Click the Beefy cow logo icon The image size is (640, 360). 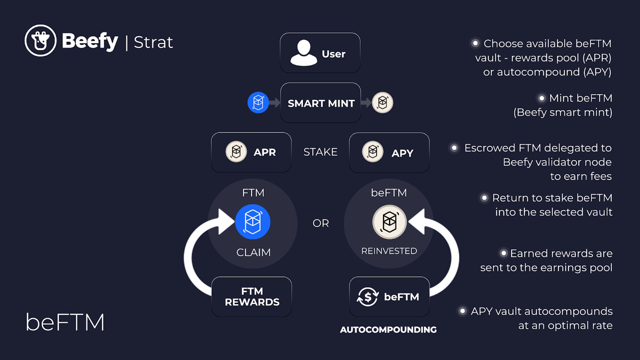click(x=40, y=41)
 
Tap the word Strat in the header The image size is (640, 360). click(x=153, y=42)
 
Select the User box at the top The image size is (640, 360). click(x=320, y=53)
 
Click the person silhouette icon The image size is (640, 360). click(x=304, y=53)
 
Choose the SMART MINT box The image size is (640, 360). click(x=321, y=103)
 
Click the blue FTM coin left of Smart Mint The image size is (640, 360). click(x=258, y=102)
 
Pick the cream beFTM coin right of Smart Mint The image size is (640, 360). click(x=382, y=102)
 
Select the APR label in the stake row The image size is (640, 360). click(x=264, y=152)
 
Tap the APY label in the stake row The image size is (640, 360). click(x=402, y=153)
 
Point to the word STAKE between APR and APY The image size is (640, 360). click(x=320, y=152)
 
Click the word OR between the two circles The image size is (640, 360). click(x=321, y=223)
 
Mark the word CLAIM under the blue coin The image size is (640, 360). click(x=253, y=252)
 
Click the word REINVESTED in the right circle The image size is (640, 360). click(x=389, y=251)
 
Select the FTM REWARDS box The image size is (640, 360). click(x=252, y=297)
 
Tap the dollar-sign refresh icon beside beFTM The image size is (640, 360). click(x=368, y=297)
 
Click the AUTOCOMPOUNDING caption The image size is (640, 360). click(x=388, y=330)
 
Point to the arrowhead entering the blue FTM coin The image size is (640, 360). click(x=226, y=221)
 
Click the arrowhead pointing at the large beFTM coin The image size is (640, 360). click(x=417, y=221)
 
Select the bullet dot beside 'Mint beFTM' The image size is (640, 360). click(x=541, y=98)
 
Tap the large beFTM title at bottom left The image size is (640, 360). click(x=65, y=322)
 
